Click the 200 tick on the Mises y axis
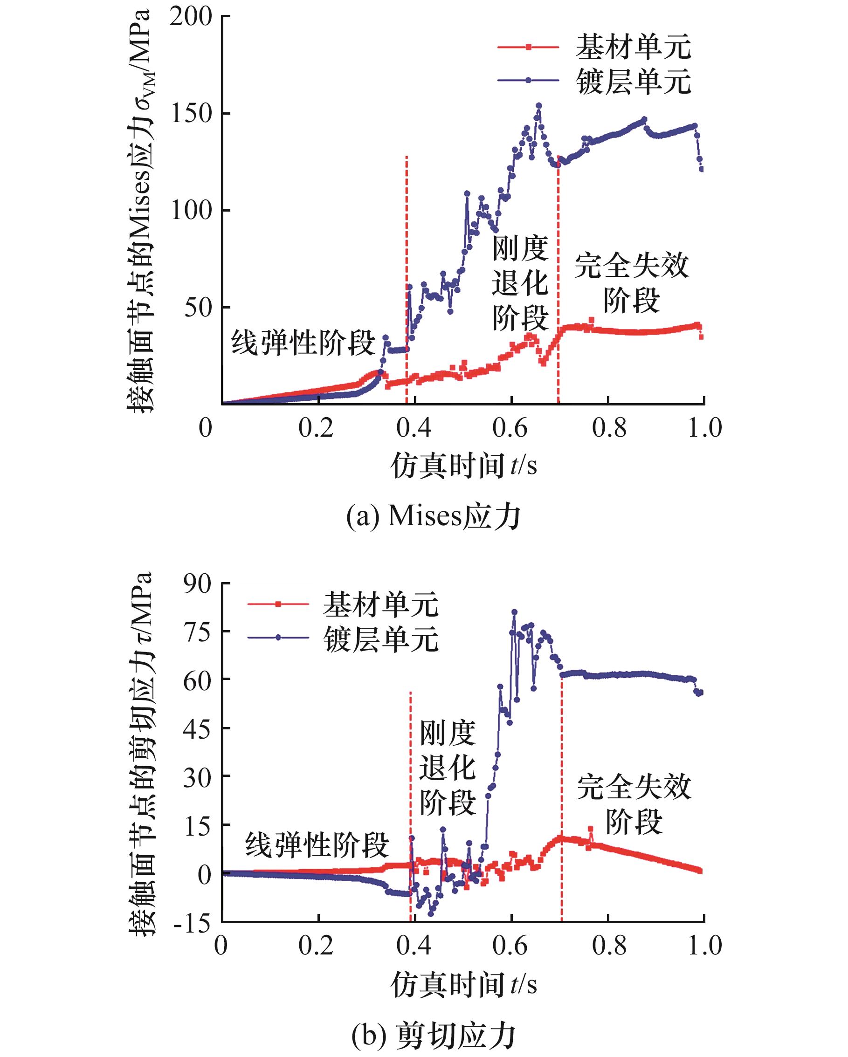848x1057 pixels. pyautogui.click(x=191, y=17)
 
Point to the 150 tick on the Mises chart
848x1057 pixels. pyautogui.click(x=191, y=114)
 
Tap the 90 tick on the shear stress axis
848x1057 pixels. pyautogui.click(x=197, y=584)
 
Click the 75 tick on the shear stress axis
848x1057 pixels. pyautogui.click(x=197, y=631)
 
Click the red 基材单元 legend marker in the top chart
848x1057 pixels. pyautogui.click(x=529, y=47)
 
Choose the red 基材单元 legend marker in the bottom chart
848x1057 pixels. pyautogui.click(x=278, y=604)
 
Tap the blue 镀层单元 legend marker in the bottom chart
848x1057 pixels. pyautogui.click(x=278, y=638)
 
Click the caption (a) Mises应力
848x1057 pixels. pyautogui.click(x=434, y=516)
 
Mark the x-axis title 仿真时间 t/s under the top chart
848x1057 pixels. pyautogui.click(x=463, y=464)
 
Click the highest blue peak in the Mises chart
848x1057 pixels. pyautogui.click(x=538, y=105)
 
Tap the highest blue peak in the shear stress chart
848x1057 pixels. pyautogui.click(x=514, y=612)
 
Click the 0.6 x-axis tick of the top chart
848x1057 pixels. pyautogui.click(x=510, y=428)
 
